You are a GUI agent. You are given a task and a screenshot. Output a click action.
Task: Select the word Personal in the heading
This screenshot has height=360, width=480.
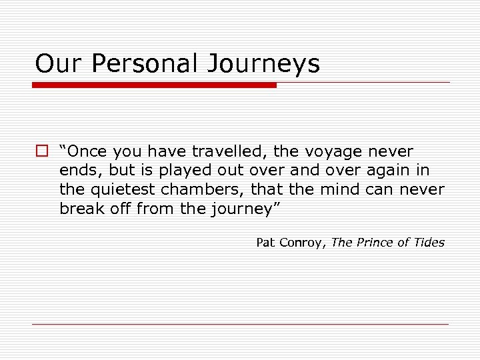pos(143,64)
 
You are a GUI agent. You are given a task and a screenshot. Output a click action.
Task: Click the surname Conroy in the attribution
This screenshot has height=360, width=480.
pos(301,243)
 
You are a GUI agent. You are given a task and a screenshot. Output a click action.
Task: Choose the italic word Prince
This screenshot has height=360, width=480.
pos(376,243)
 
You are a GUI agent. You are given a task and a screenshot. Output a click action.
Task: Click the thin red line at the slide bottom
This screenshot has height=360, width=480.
pos(240,324)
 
